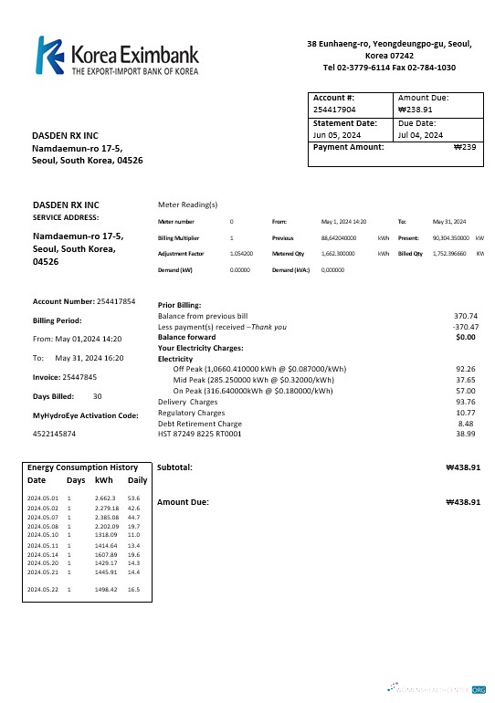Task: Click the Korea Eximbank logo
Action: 117,56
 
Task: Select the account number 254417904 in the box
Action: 334,109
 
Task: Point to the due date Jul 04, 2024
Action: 421,134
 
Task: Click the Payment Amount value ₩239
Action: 465,146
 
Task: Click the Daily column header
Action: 137,479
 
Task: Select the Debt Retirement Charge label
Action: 200,423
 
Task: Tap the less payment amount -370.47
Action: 466,326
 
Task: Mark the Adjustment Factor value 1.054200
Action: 242,253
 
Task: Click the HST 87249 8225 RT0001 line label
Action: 200,434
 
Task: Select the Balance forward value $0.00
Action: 467,337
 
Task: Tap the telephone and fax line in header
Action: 389,67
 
